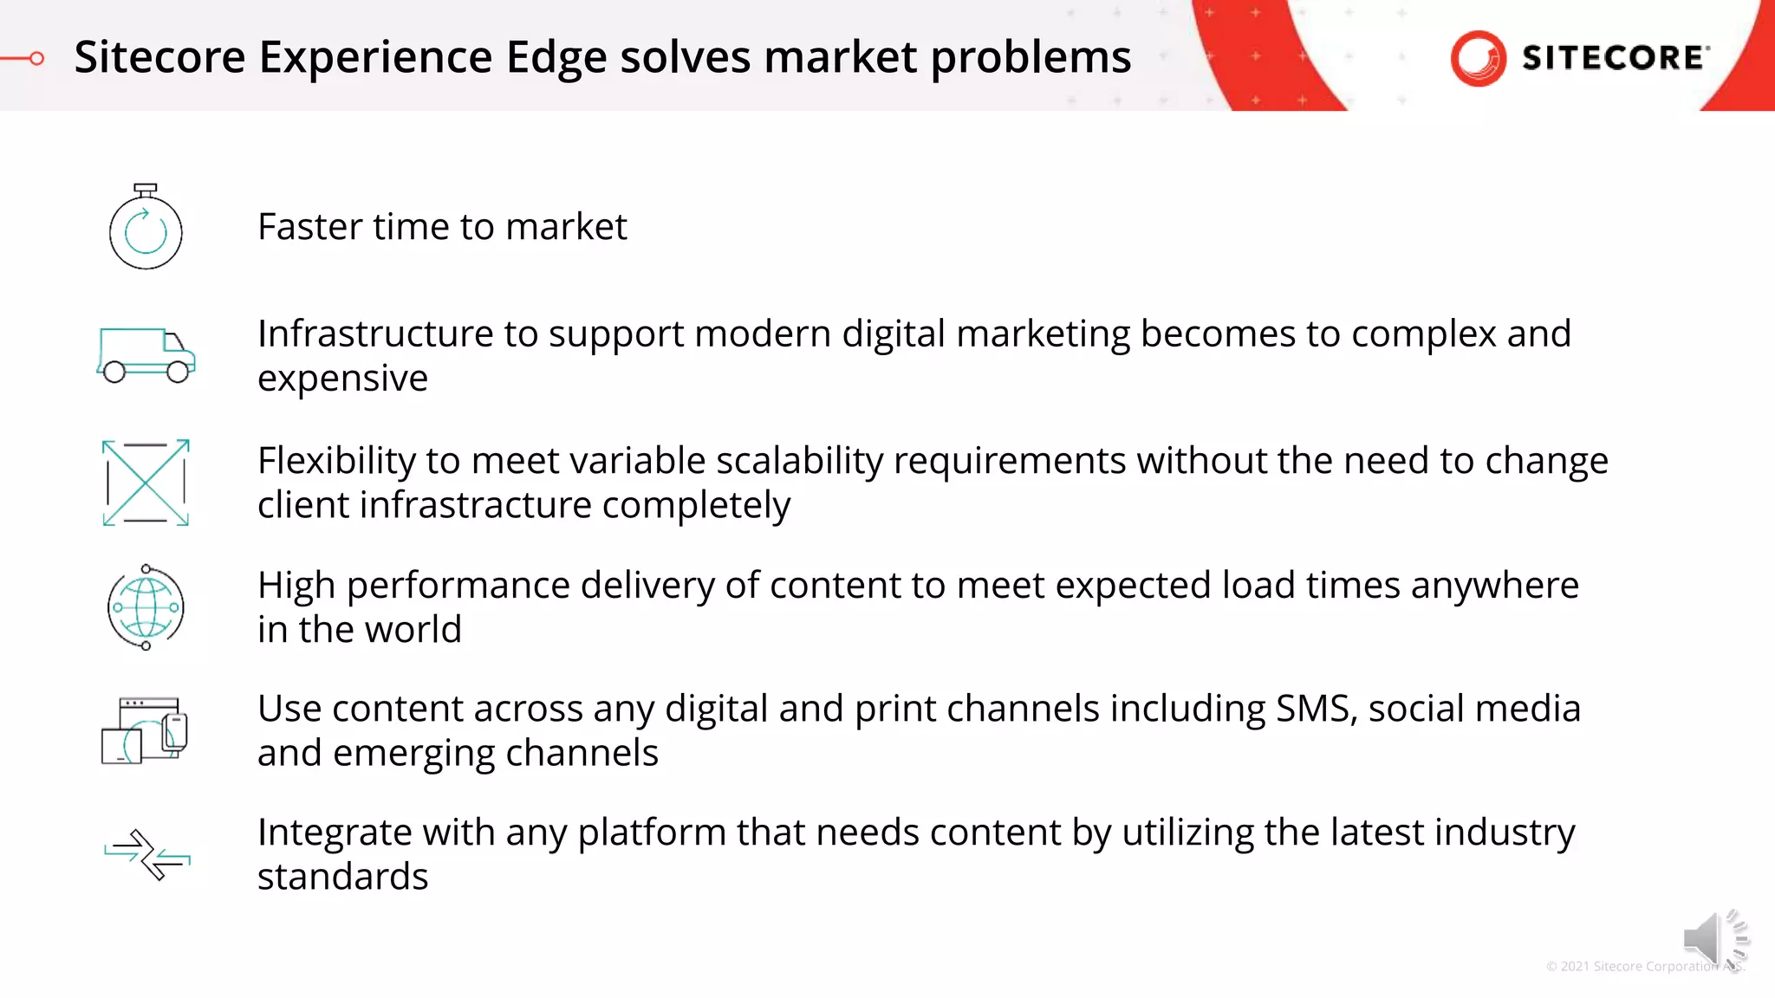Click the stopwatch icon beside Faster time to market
[146, 227]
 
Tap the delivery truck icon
[146, 355]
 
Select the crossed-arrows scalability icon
[146, 483]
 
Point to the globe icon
[146, 607]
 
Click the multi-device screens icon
[145, 730]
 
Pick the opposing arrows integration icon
[146, 854]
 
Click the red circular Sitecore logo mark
[1478, 58]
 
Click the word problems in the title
[1031, 58]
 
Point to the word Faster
[309, 227]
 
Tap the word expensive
[342, 379]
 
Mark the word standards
[342, 877]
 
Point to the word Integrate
[334, 833]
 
